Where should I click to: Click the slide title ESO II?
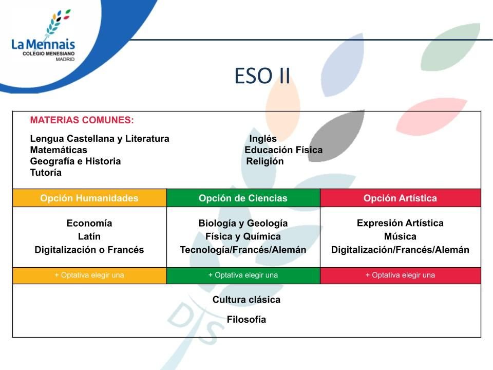(x=262, y=76)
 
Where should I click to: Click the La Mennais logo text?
(x=43, y=44)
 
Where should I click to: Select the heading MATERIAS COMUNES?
(x=82, y=120)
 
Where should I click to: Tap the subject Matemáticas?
(x=59, y=150)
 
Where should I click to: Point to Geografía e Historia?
(x=75, y=161)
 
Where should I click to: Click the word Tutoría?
(x=46, y=173)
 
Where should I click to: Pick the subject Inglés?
(x=263, y=138)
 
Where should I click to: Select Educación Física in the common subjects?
(x=283, y=150)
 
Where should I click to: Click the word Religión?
(x=265, y=161)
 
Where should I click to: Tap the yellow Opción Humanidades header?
(x=89, y=198)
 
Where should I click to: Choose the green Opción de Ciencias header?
(x=243, y=198)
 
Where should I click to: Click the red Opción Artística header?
(x=400, y=198)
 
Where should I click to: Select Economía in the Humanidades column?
(x=89, y=223)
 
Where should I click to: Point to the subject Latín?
(x=89, y=236)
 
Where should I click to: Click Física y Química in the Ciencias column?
(x=243, y=236)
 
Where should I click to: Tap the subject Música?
(x=400, y=236)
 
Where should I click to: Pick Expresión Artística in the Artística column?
(x=400, y=223)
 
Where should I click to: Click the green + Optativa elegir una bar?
(x=243, y=275)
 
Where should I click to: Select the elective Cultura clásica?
(x=246, y=300)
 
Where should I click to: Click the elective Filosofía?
(x=246, y=319)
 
